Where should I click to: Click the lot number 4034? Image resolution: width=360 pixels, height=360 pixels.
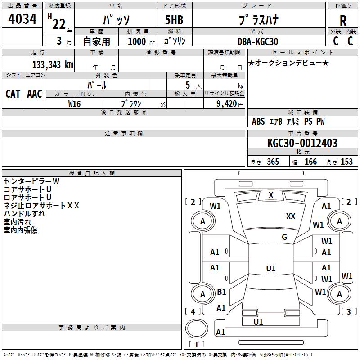click(22, 18)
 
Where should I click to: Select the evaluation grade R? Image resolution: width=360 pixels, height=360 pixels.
click(343, 21)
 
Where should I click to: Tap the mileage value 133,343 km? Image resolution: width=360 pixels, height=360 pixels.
click(53, 64)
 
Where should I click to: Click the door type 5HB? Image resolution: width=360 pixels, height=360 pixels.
click(174, 20)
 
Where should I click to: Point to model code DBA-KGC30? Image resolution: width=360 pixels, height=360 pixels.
click(258, 41)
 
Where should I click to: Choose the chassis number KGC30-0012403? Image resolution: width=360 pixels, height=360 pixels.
click(302, 143)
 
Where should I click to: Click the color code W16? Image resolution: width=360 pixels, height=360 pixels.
click(74, 104)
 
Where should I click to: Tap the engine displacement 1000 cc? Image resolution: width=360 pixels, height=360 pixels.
click(141, 41)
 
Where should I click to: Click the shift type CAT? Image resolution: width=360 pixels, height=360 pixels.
click(13, 94)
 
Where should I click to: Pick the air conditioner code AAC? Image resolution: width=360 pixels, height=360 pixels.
click(35, 94)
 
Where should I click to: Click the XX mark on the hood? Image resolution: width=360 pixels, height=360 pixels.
click(291, 216)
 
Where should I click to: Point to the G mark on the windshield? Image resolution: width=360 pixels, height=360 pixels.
click(284, 237)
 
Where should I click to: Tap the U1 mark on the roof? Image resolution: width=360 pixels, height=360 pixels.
click(271, 268)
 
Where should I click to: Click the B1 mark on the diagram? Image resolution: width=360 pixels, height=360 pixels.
click(221, 292)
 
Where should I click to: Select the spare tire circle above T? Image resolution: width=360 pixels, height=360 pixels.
click(197, 328)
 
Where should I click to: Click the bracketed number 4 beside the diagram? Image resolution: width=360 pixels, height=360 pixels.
click(193, 311)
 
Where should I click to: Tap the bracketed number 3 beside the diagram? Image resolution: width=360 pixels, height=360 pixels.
click(348, 311)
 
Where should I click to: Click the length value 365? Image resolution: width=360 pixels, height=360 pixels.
click(273, 162)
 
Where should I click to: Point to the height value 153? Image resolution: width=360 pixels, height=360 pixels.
click(346, 162)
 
